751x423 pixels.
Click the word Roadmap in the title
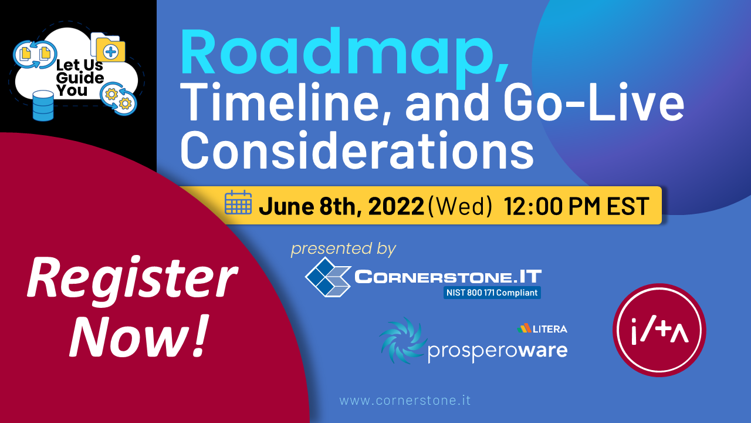pos(344,53)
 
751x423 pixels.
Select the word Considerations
pos(357,150)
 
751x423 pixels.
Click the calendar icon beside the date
pos(238,202)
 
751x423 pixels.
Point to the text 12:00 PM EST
pos(576,206)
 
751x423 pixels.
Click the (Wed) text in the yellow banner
pos(459,206)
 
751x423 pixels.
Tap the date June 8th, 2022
pos(341,206)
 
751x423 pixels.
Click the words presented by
pos(343,249)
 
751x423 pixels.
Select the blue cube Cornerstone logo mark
pos(328,277)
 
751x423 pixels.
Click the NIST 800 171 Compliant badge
pos(492,293)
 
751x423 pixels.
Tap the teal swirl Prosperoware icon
pos(402,341)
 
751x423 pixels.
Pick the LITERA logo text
pos(542,328)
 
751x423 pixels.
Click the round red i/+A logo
pos(659,330)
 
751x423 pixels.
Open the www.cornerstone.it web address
pos(405,401)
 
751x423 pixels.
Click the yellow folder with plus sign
pos(110,51)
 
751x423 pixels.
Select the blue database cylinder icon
pos(43,105)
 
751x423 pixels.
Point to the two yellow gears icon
pos(119,98)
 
